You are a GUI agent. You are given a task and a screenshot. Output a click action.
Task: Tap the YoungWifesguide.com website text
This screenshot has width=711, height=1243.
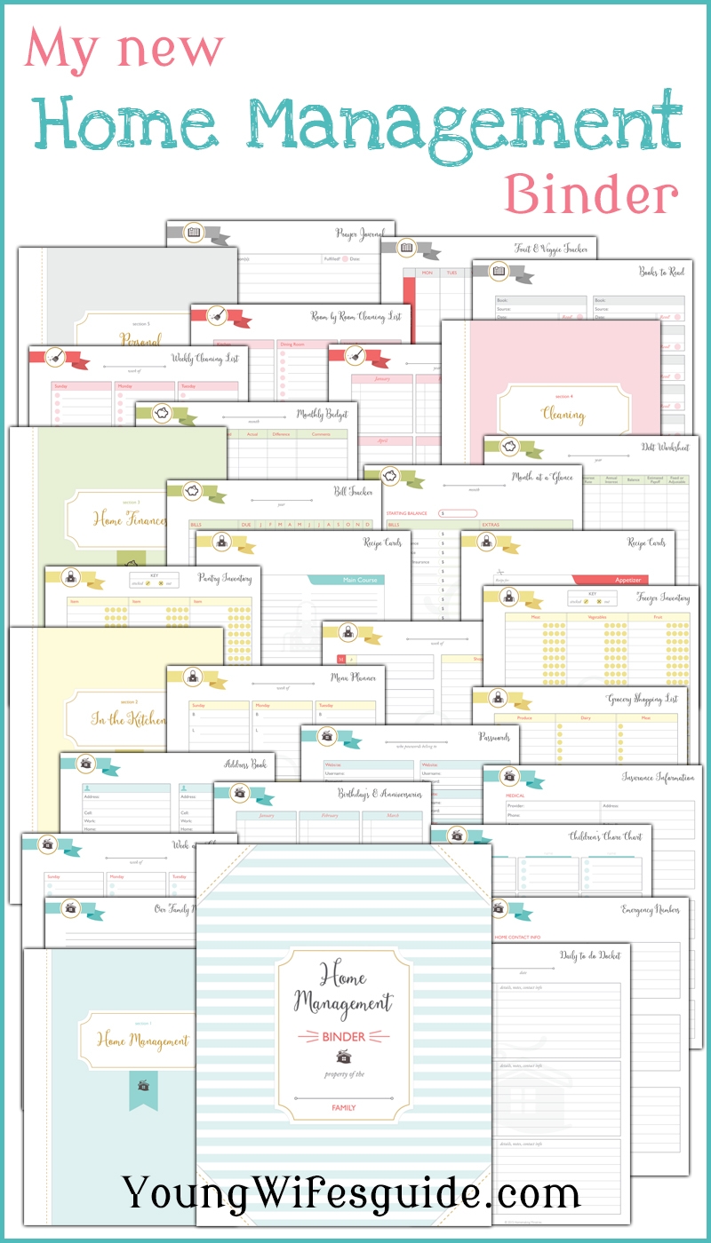[x=352, y=1192]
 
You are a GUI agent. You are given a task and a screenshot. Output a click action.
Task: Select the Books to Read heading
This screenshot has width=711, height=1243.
[x=661, y=272]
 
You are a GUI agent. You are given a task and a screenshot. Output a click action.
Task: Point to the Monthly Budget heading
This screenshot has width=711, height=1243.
[x=322, y=414]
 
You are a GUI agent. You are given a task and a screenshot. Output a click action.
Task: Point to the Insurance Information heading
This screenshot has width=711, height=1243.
[x=658, y=777]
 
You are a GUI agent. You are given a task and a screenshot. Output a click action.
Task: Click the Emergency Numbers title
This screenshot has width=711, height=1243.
[x=650, y=910]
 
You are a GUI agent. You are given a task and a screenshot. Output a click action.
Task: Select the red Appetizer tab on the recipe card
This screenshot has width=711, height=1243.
[x=627, y=580]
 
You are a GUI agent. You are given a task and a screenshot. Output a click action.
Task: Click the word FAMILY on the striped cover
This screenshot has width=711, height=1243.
[x=343, y=1108]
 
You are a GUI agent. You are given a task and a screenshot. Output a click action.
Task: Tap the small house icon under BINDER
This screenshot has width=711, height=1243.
[x=343, y=1056]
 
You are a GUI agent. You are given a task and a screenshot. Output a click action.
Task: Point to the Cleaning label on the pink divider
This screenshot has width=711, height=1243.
[x=563, y=414]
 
